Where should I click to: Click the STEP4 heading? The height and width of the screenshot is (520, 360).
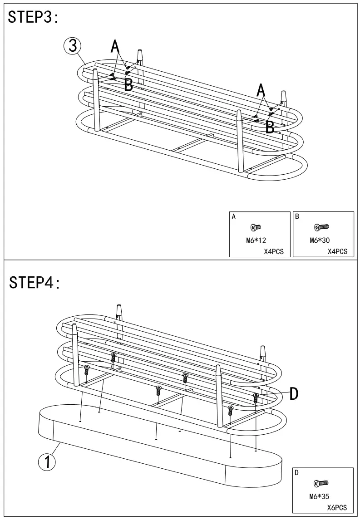point(35,282)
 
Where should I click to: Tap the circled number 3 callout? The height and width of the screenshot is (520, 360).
point(73,46)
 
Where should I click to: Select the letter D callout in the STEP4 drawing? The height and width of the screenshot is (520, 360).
point(294,394)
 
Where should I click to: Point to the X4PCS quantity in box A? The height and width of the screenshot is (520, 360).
point(274,251)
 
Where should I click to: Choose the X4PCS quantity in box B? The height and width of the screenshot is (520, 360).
point(337,251)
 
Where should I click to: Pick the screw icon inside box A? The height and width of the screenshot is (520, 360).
point(256,227)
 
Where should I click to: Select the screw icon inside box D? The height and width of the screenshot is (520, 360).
point(321,484)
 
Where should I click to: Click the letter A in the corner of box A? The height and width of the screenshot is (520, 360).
point(234,217)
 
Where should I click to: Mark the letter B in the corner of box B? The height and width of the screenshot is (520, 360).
point(297,217)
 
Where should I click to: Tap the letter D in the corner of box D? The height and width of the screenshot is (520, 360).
point(297,473)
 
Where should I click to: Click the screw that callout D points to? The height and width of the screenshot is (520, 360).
point(256,398)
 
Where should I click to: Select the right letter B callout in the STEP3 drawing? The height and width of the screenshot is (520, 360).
point(270,127)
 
